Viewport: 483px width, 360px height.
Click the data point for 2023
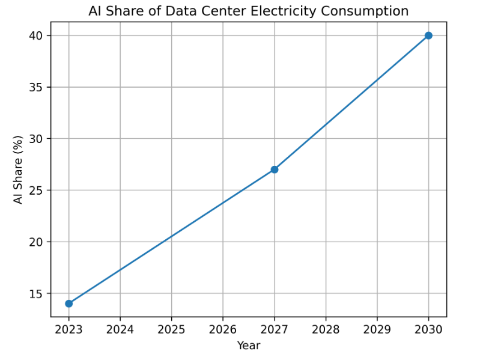pyautogui.click(x=69, y=304)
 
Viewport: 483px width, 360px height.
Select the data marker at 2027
pyautogui.click(x=275, y=169)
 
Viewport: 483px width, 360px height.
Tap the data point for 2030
pyautogui.click(x=428, y=35)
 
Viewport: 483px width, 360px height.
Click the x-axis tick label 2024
pyautogui.click(x=120, y=329)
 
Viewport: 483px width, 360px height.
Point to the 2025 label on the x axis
pyautogui.click(x=172, y=329)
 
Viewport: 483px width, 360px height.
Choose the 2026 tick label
pyautogui.click(x=223, y=329)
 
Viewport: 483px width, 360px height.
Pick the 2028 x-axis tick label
pyautogui.click(x=326, y=329)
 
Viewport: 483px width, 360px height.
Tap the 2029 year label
pyautogui.click(x=377, y=329)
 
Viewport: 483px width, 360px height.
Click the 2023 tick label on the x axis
pyautogui.click(x=69, y=329)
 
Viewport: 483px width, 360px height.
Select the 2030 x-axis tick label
pyautogui.click(x=428, y=329)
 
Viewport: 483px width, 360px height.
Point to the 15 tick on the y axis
pyautogui.click(x=38, y=293)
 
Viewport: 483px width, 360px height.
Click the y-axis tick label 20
pyautogui.click(x=38, y=242)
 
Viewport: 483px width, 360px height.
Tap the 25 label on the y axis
pyautogui.click(x=38, y=191)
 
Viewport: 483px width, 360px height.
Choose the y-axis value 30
pyautogui.click(x=38, y=139)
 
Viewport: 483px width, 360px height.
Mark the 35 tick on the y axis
pyautogui.click(x=38, y=87)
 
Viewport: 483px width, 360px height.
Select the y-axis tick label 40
pyautogui.click(x=38, y=35)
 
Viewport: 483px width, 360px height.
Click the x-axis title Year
pyautogui.click(x=249, y=346)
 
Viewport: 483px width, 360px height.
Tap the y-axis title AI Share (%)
pyautogui.click(x=19, y=169)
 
